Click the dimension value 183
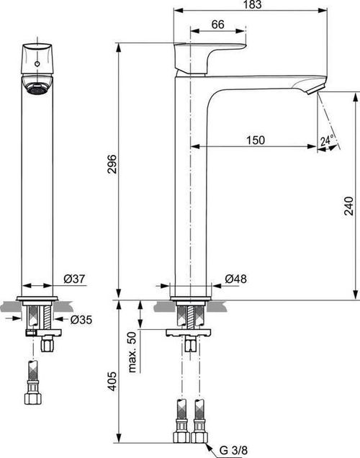tap(250, 5)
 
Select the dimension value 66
tap(218, 24)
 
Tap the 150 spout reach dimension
tap(253, 140)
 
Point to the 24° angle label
tap(328, 142)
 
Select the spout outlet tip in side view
tap(315, 88)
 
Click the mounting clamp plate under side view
tap(189, 332)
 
